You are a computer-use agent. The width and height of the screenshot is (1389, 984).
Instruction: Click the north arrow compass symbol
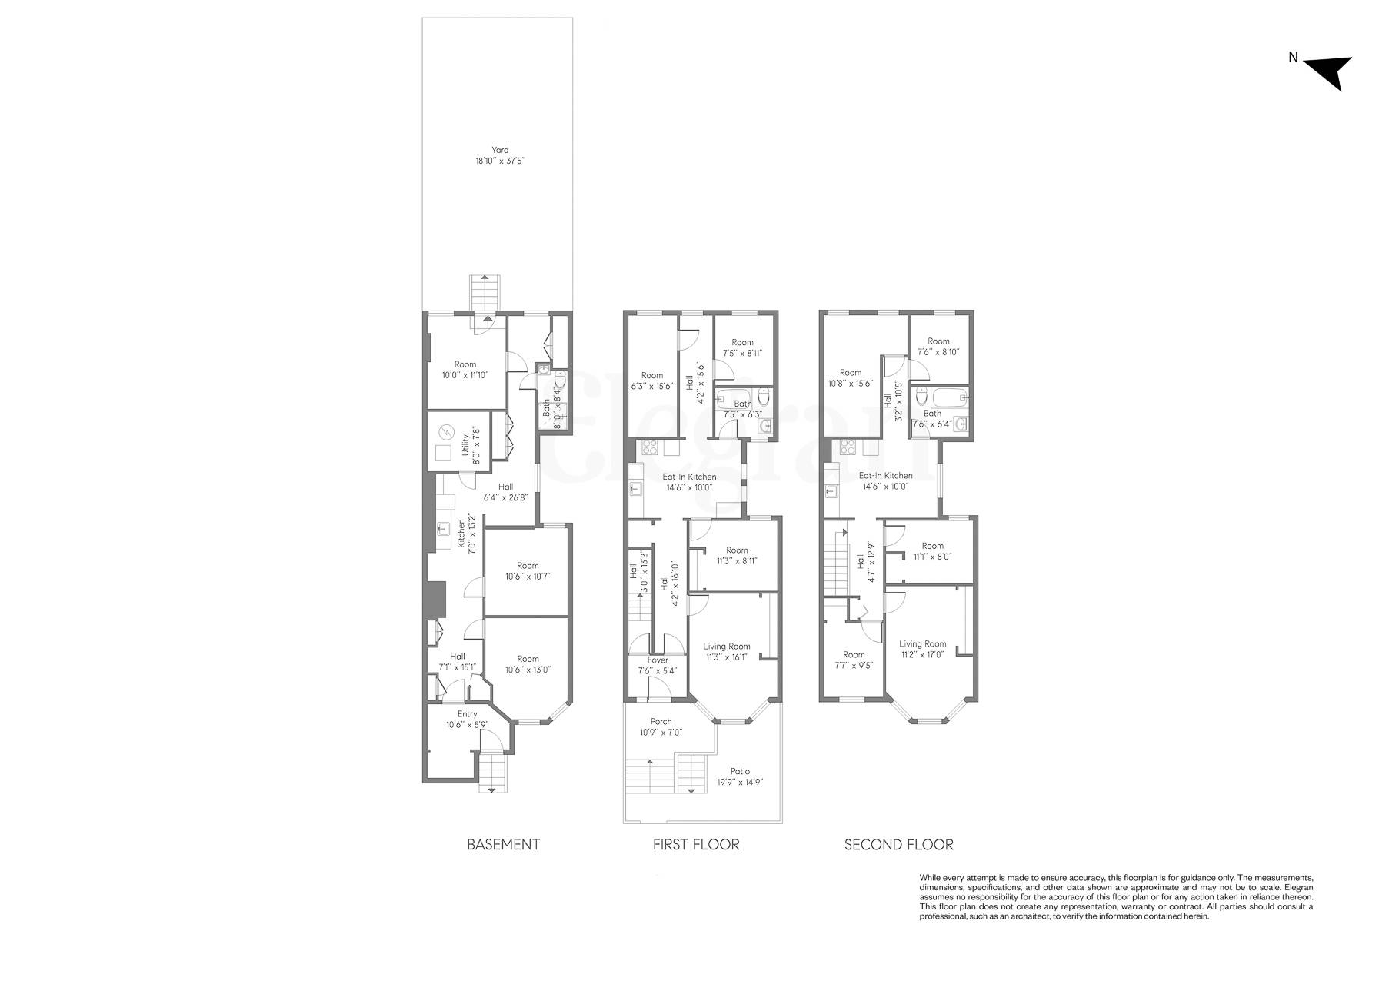coord(1329,71)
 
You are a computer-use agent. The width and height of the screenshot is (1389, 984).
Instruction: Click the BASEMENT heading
coord(503,845)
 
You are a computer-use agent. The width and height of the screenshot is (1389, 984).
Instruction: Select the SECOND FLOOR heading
coord(898,845)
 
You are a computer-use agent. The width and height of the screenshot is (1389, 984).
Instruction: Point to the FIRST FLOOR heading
coord(695,845)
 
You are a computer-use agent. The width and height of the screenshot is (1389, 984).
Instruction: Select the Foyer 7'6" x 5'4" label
coord(657,665)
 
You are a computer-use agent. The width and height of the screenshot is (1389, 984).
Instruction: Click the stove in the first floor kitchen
coord(651,447)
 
